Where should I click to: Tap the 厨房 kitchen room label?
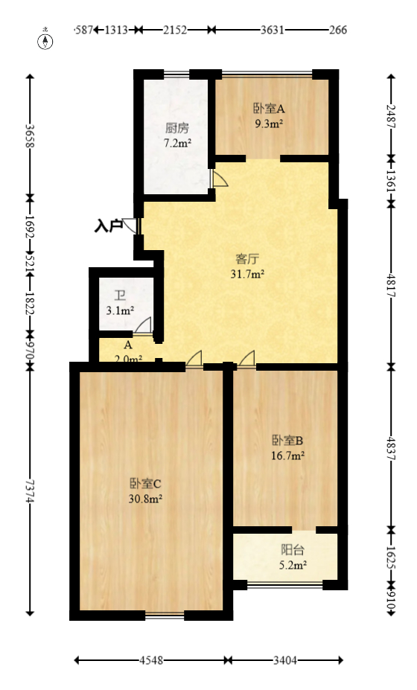tap(177, 127)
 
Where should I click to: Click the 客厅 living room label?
tap(247, 259)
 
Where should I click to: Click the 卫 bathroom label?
tap(119, 295)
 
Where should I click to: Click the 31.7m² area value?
tap(248, 274)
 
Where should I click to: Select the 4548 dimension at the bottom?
tap(151, 660)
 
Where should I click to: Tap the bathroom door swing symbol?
tap(143, 325)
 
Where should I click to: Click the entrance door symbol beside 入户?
tap(133, 226)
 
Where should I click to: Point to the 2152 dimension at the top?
tap(175, 30)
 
